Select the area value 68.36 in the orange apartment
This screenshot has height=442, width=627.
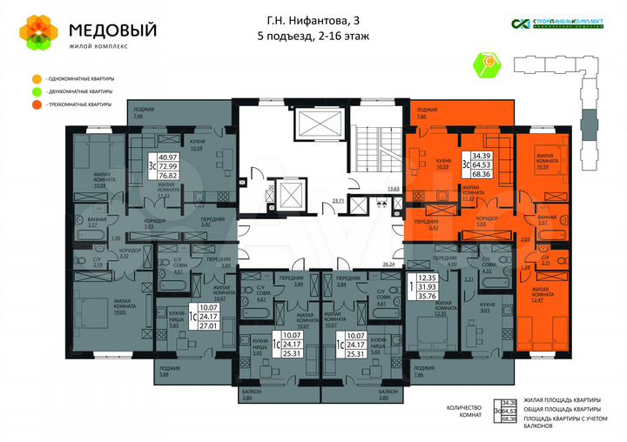482,175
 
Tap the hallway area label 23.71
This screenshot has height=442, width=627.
337,200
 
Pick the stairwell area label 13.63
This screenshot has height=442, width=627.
394,188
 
